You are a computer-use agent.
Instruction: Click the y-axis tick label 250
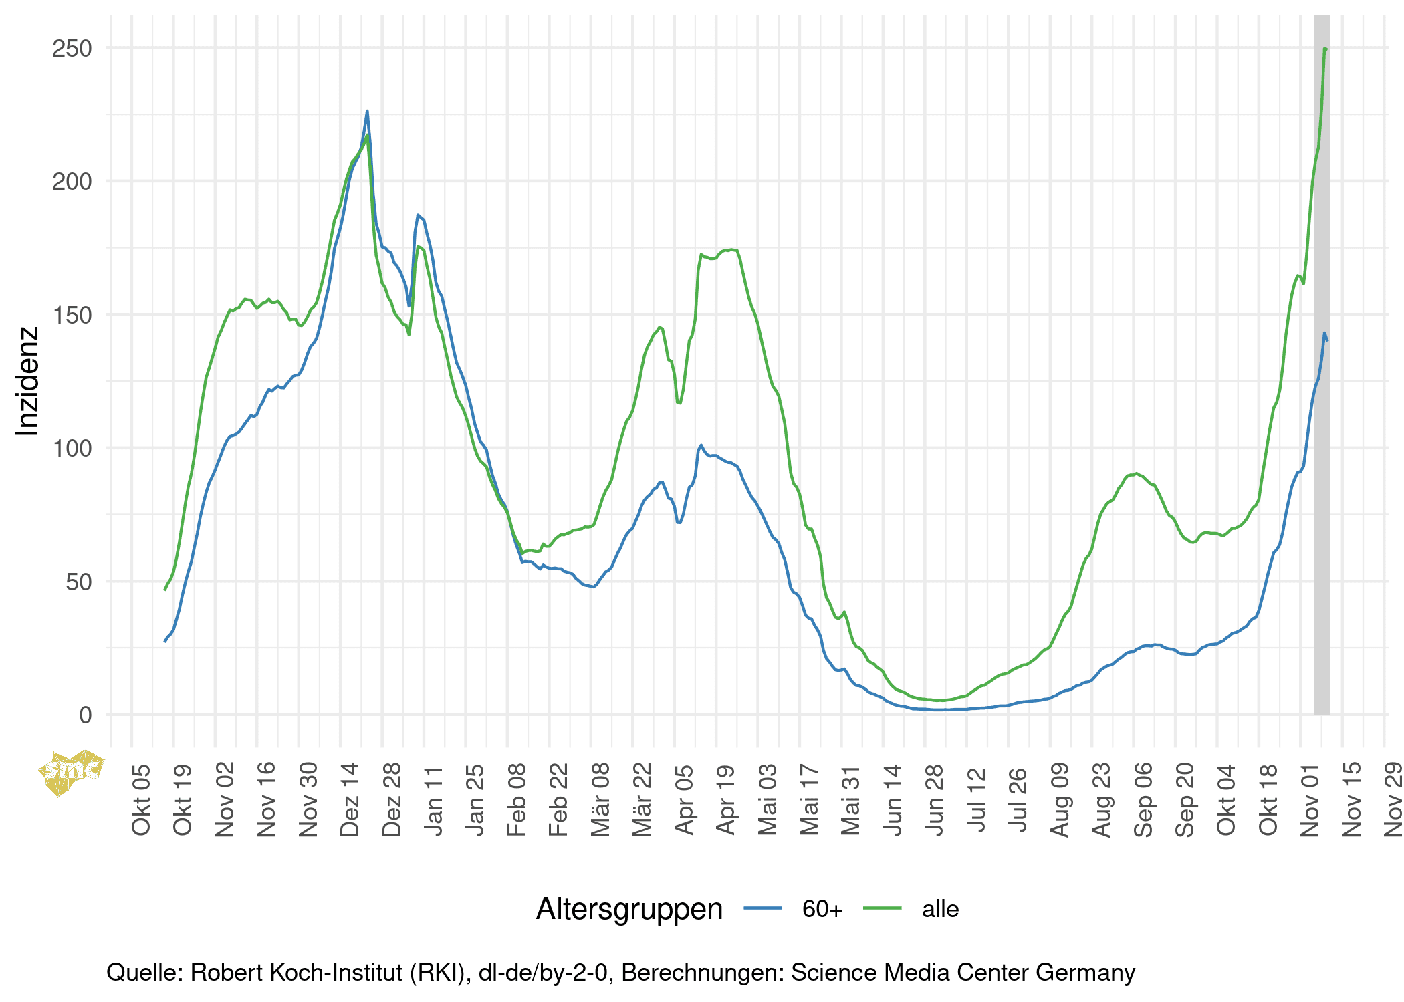click(72, 49)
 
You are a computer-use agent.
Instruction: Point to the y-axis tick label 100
click(72, 449)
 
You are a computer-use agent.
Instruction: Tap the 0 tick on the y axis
click(85, 715)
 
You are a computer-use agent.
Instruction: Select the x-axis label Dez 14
click(350, 799)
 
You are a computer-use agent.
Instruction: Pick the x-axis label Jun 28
click(935, 799)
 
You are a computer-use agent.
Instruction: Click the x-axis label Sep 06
click(1143, 799)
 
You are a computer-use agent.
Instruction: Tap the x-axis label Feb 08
click(517, 799)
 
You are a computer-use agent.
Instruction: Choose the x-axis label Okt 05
click(142, 799)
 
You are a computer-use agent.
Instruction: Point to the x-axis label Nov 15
click(1352, 799)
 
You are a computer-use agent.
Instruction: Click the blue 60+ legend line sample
click(762, 908)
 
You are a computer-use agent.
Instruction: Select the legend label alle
click(940, 909)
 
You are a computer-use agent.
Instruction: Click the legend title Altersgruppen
click(629, 909)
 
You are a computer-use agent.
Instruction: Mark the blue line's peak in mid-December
click(367, 112)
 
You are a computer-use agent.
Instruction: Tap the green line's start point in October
click(165, 589)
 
